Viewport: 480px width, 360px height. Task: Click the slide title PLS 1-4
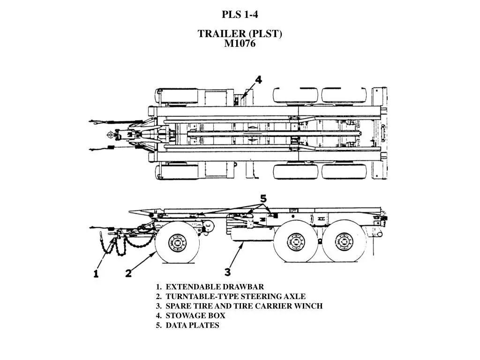click(x=240, y=15)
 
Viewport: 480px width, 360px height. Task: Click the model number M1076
click(x=240, y=44)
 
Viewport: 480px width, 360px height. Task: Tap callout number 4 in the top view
click(x=258, y=80)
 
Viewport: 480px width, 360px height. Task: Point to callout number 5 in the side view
click(x=263, y=198)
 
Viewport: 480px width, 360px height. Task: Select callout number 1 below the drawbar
click(x=96, y=273)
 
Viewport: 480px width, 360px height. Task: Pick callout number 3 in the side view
click(x=228, y=271)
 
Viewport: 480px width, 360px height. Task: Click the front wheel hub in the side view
click(x=177, y=244)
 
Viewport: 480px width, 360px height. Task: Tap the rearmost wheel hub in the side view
click(x=344, y=242)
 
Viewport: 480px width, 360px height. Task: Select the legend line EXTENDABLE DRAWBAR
click(x=210, y=287)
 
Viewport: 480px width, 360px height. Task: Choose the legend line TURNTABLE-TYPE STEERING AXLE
click(x=231, y=296)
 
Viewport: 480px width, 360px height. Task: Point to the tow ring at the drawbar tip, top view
click(x=110, y=135)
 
